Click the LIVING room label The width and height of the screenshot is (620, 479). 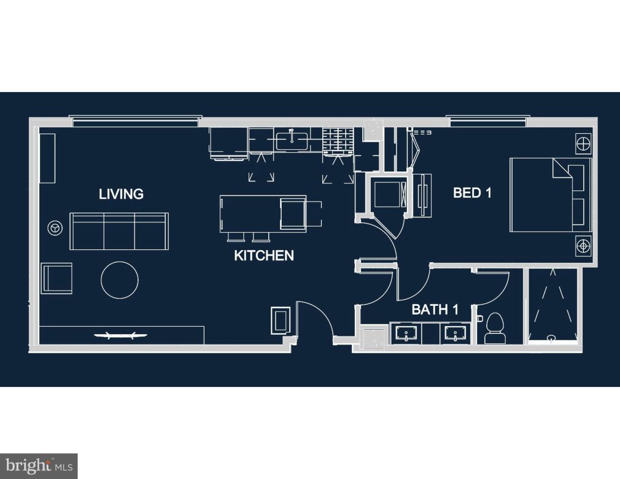pos(121,194)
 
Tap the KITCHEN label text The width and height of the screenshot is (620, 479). pos(264,255)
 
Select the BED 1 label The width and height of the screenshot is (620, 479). pos(472,193)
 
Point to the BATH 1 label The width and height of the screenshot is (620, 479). pos(435,310)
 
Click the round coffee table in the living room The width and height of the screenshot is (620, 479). pos(120,280)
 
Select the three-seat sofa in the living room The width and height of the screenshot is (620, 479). pos(119,232)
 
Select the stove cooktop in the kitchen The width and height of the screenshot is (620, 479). pos(338,141)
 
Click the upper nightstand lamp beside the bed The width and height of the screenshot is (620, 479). pos(583,145)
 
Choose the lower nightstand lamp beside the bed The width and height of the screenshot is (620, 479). pos(583,246)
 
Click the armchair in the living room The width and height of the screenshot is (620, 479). pos(56,278)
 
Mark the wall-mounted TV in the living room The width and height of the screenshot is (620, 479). pos(120,335)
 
